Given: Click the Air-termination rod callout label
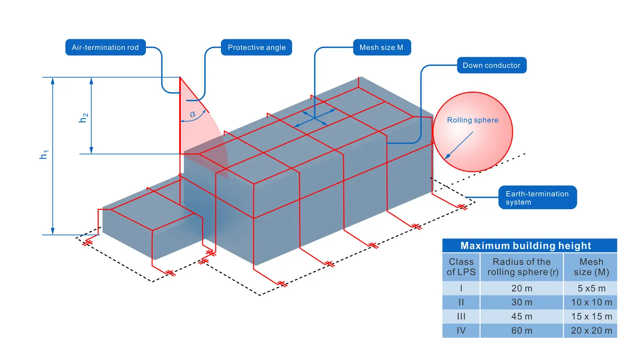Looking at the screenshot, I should tap(105, 47).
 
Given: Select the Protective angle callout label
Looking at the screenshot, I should tap(256, 47).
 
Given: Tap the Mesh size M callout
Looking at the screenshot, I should tap(381, 47).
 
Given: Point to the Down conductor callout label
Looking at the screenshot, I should tap(492, 65).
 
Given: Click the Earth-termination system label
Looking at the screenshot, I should tap(537, 197).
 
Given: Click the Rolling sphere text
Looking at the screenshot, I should tap(473, 120).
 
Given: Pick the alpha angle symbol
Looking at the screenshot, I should tap(193, 114).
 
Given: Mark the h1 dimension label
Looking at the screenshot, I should tap(44, 154).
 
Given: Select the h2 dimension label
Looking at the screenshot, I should tap(84, 118).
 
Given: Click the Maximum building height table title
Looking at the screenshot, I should tap(526, 246).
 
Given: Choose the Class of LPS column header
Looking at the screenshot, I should tap(461, 267).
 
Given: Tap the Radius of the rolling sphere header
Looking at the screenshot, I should tap(522, 267).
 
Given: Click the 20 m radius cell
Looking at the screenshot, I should tap(522, 288).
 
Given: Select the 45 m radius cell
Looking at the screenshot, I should tap(522, 316).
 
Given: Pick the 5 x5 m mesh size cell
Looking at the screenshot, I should tap(591, 288).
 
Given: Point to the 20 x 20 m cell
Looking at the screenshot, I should tap(591, 331).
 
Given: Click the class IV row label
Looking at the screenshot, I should tap(461, 331).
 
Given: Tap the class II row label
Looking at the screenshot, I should tap(461, 302).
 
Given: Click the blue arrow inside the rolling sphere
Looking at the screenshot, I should tap(459, 145).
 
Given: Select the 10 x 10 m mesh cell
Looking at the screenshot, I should tap(591, 302).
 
